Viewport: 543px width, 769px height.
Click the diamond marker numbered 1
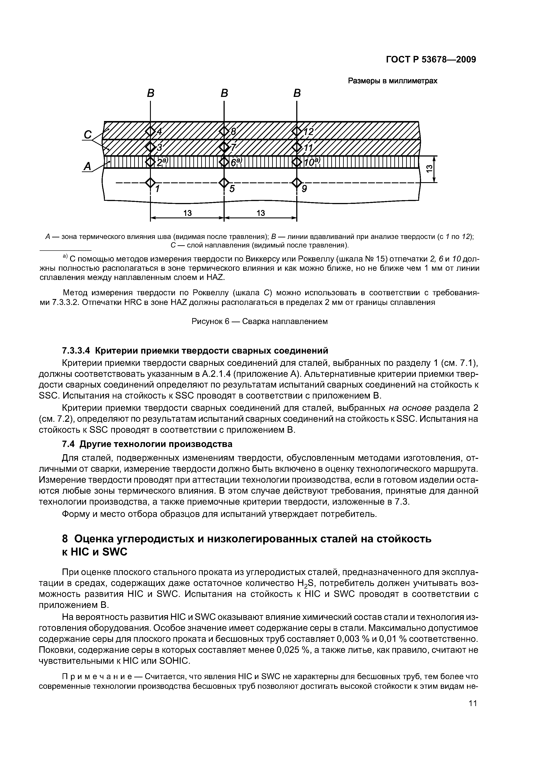(151, 183)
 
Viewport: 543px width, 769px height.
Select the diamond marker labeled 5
(224, 183)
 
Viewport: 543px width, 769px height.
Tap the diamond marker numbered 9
(297, 183)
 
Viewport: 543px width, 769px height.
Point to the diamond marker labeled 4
(151, 131)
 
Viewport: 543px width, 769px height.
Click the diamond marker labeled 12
(297, 131)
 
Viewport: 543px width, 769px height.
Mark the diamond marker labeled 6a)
(224, 162)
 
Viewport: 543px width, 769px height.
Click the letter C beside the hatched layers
(88, 135)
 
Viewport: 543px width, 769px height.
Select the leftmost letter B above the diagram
(151, 93)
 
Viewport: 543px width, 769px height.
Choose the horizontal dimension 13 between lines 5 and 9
(261, 213)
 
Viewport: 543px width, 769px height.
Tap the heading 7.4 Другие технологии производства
(147, 444)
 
